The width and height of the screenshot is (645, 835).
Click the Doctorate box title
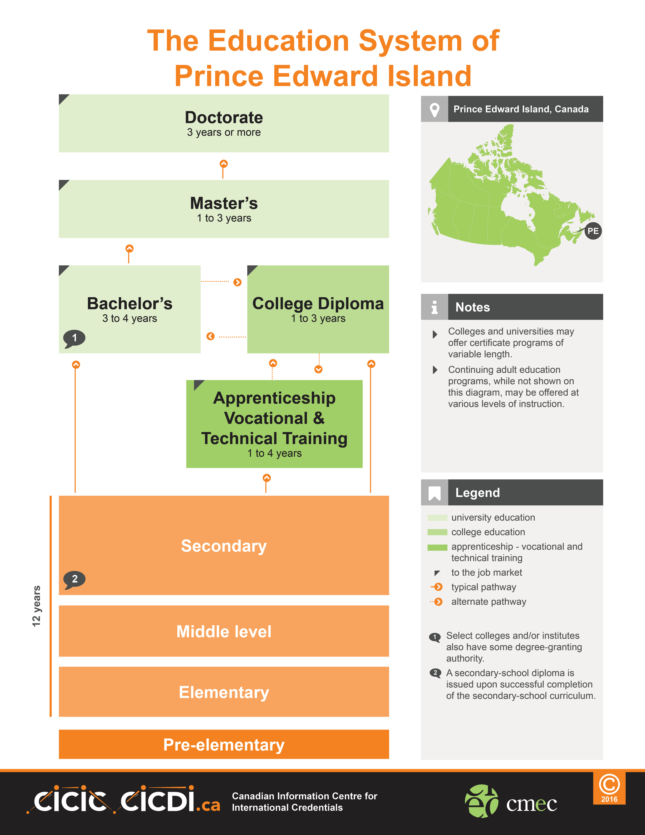click(224, 117)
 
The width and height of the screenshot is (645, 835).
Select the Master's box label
click(224, 203)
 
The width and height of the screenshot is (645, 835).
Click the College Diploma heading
click(318, 304)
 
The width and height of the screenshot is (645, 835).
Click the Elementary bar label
click(224, 692)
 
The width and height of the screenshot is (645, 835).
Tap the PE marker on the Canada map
click(593, 231)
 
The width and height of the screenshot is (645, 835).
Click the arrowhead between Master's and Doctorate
click(223, 164)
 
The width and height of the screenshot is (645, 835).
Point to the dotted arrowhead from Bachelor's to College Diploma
click(237, 282)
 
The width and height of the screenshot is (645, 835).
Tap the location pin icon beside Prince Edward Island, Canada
click(434, 110)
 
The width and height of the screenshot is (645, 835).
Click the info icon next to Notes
click(434, 307)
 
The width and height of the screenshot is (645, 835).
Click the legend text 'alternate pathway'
click(489, 602)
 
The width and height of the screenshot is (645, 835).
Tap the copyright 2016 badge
click(609, 788)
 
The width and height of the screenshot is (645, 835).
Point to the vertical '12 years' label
click(36, 606)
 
